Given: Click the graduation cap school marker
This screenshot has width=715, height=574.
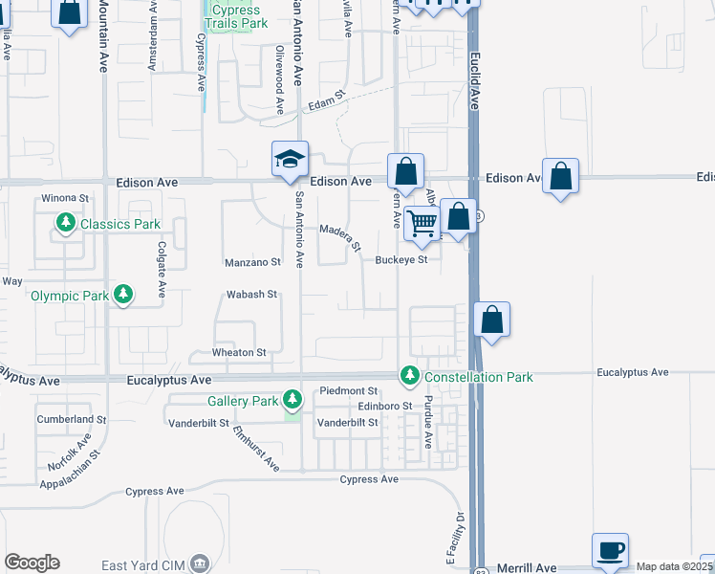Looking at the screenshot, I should pyautogui.click(x=290, y=159).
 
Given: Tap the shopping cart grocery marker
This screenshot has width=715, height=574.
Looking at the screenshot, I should pyautogui.click(x=422, y=224).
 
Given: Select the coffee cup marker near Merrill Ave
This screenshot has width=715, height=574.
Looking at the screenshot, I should pyautogui.click(x=610, y=550).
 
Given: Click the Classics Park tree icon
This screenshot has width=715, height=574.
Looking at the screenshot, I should pyautogui.click(x=65, y=224).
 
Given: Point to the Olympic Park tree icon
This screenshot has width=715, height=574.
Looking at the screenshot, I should pyautogui.click(x=122, y=296).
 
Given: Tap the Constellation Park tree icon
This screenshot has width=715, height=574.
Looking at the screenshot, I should pyautogui.click(x=410, y=377).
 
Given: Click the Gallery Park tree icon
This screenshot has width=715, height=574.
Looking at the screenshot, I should pyautogui.click(x=292, y=400).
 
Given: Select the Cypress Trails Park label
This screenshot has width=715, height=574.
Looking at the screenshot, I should pyautogui.click(x=235, y=17).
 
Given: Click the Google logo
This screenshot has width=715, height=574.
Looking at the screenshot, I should pyautogui.click(x=32, y=563).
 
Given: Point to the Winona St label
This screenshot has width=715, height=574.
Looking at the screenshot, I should pyautogui.click(x=65, y=199).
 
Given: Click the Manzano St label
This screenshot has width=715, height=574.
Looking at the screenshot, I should pyautogui.click(x=253, y=261).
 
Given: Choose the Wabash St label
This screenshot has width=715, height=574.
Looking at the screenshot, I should pyautogui.click(x=251, y=295).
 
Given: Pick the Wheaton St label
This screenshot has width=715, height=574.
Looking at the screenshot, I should pyautogui.click(x=239, y=353).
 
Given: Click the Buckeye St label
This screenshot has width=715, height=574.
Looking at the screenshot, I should pyautogui.click(x=401, y=259).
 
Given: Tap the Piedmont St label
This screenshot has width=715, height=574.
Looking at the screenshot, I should pyautogui.click(x=349, y=390).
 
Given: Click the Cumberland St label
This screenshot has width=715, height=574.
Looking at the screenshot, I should pyautogui.click(x=71, y=419).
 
